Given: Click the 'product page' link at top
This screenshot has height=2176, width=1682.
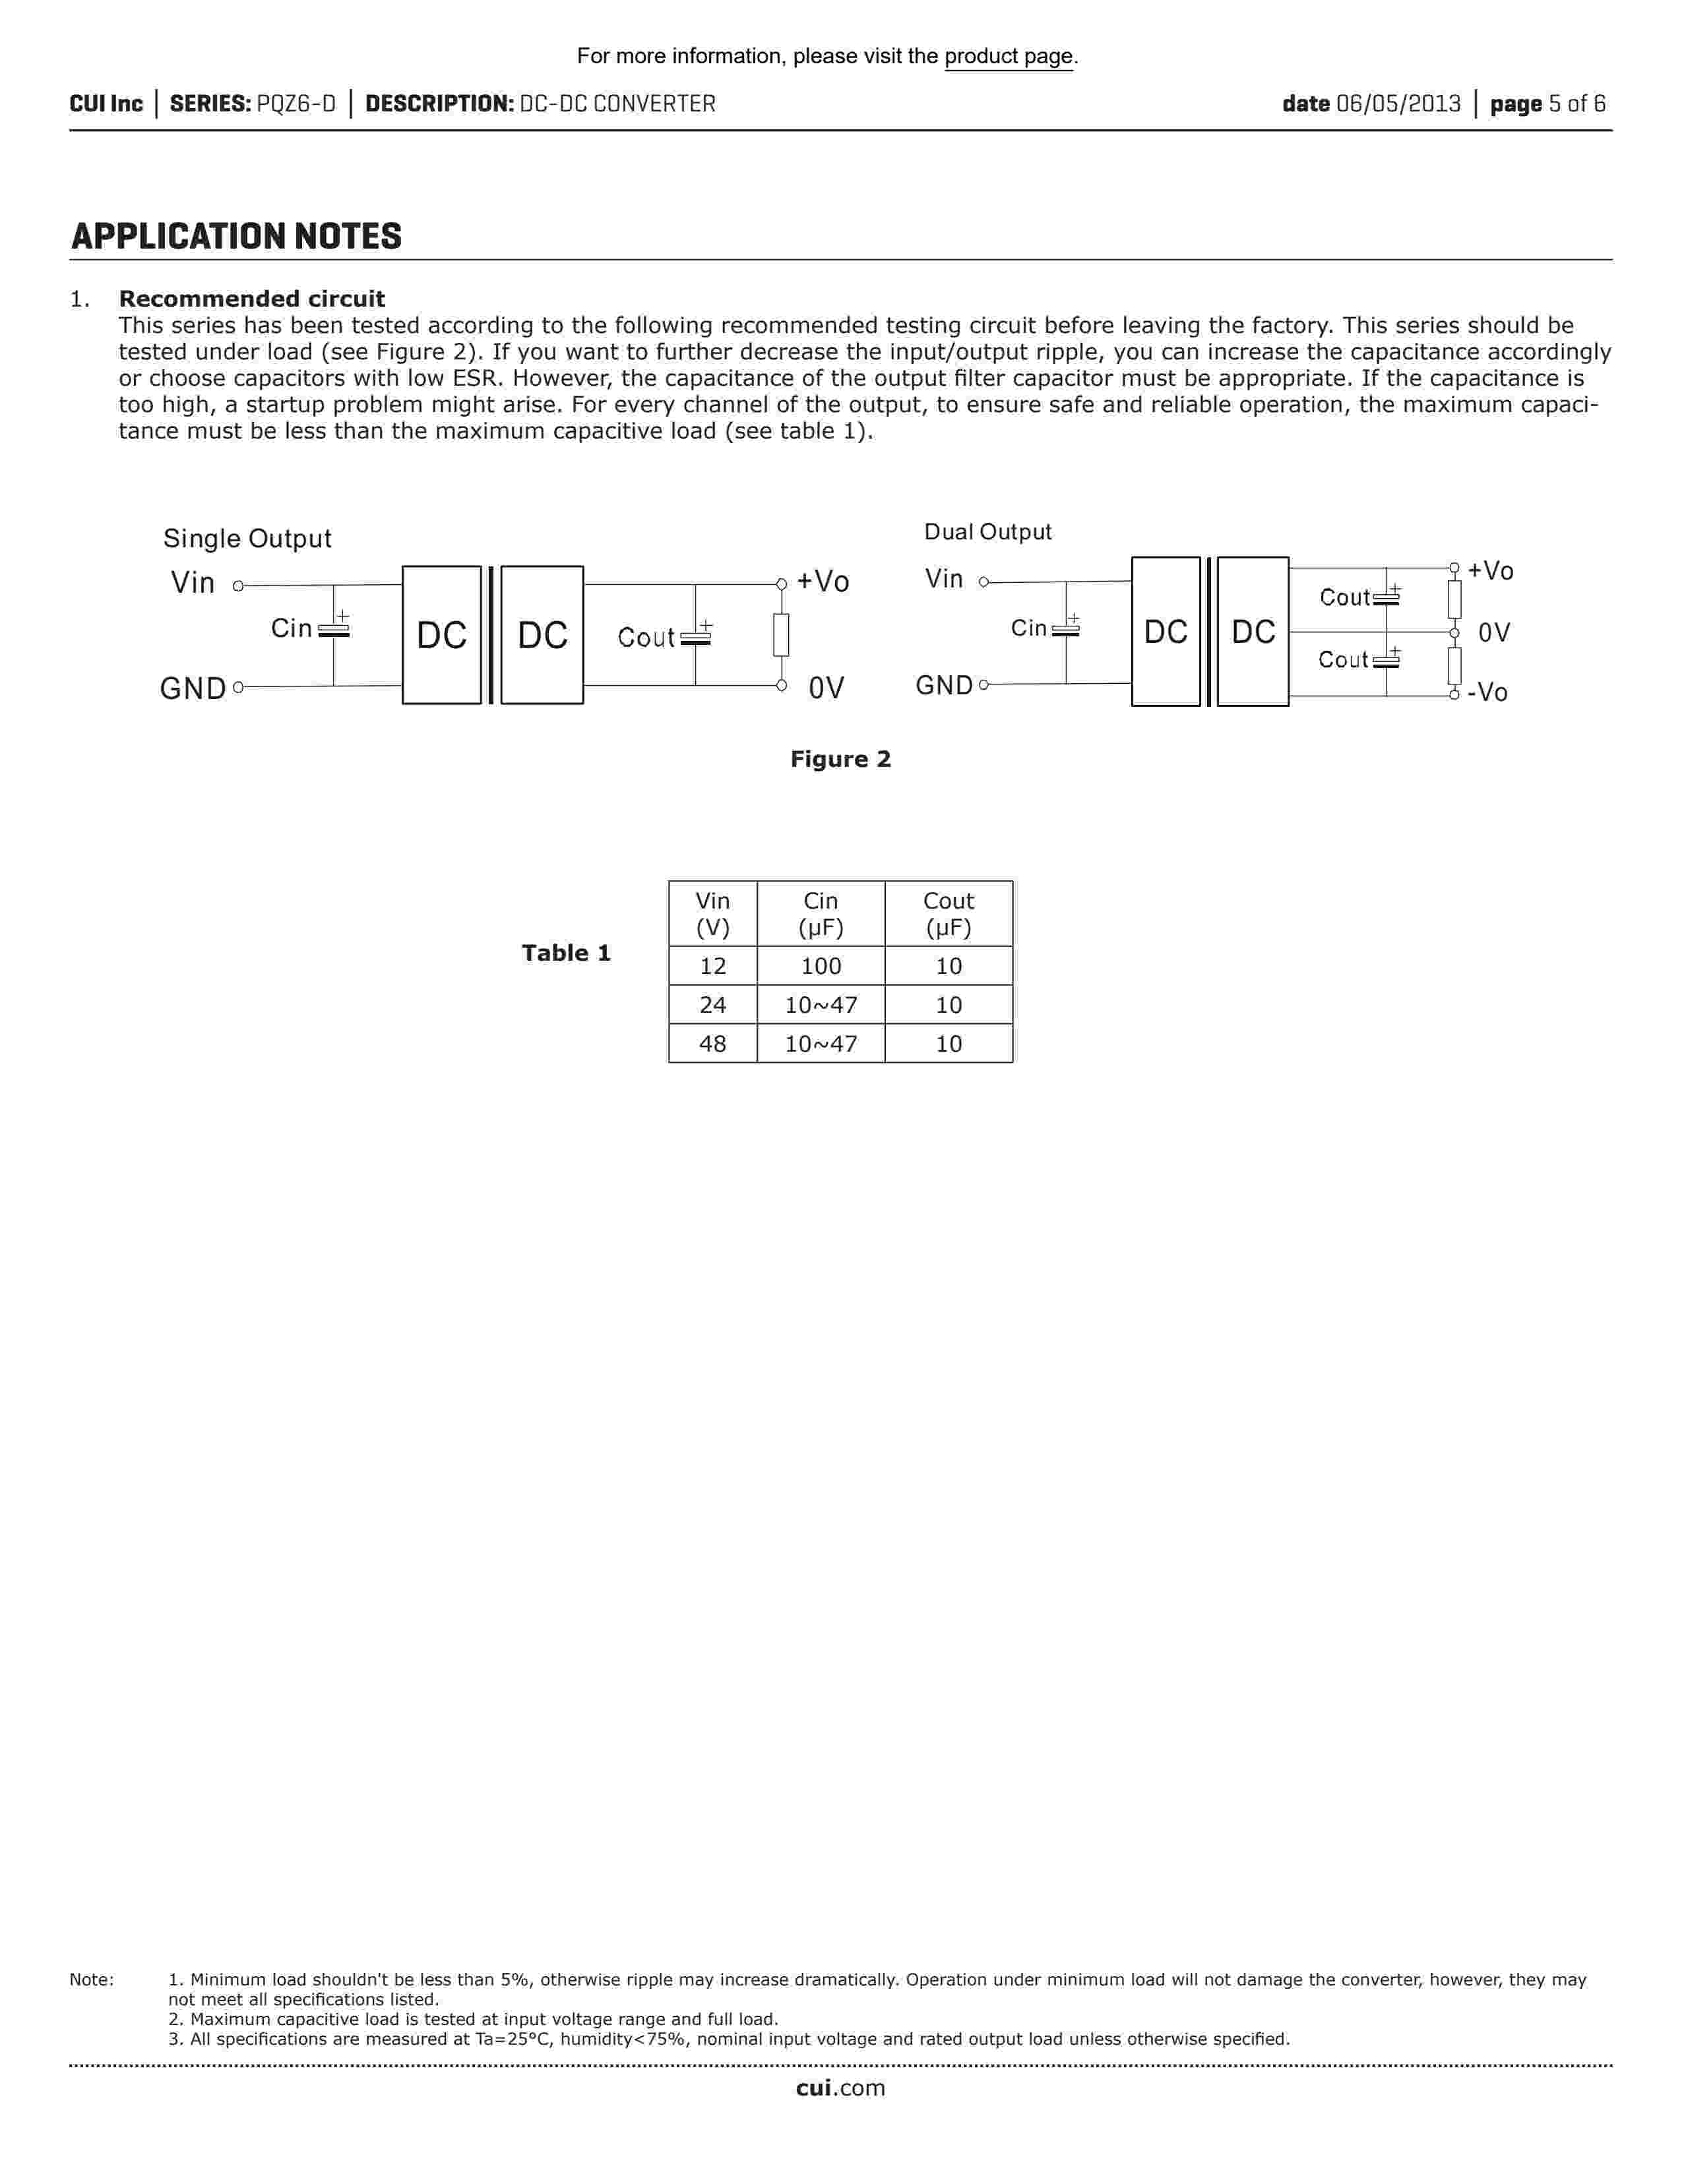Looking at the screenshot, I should coord(1009,57).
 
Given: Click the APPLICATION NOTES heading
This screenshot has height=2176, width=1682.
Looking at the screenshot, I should coord(236,237).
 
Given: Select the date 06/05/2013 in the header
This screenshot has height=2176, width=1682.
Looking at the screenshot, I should coord(1398,104).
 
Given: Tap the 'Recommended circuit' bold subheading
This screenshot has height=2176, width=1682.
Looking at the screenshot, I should coord(251,299).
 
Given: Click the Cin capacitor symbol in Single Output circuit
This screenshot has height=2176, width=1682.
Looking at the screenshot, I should coord(334,630).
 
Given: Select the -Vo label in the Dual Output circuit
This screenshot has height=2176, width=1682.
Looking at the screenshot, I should coord(1487,692).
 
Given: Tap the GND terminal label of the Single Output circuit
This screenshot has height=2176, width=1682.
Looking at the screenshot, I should coord(193,688).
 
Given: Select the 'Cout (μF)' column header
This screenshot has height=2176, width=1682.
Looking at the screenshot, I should coord(948,914).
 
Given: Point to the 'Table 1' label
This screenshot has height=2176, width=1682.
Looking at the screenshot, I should coord(566,953).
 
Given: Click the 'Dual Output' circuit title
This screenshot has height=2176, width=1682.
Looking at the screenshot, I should coord(987,532).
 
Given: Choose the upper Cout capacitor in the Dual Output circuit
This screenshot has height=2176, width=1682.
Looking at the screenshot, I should coord(1386,598).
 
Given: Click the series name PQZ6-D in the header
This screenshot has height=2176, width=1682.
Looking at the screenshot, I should coord(296,104).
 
